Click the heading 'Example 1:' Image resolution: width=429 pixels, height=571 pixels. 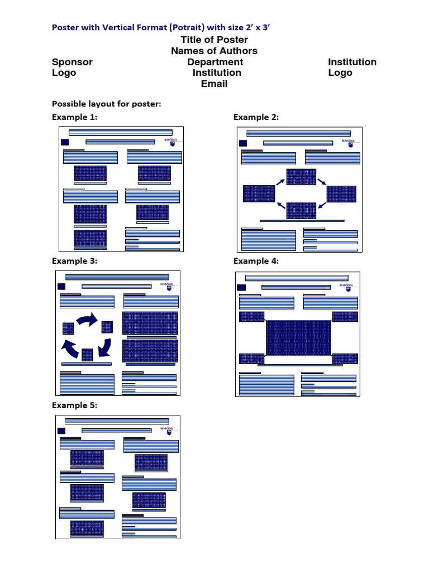click(x=74, y=117)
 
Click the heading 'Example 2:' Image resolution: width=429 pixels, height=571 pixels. click(x=256, y=117)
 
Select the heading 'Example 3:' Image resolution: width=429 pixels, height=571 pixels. click(x=74, y=261)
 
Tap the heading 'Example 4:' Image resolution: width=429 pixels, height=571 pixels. click(x=256, y=261)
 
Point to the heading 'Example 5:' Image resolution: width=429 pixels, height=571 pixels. click(x=74, y=405)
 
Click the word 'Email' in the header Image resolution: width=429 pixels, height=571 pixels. click(x=214, y=84)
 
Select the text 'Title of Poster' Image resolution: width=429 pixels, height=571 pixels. click(x=214, y=40)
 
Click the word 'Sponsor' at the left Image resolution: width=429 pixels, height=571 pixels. click(x=72, y=62)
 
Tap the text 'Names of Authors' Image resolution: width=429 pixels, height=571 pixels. click(x=214, y=51)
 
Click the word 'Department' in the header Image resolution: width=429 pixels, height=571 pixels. click(x=215, y=62)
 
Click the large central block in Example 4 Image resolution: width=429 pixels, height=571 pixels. click(x=298, y=338)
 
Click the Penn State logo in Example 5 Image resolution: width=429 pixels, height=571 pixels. click(x=167, y=430)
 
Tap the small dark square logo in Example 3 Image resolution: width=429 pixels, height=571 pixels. click(x=61, y=287)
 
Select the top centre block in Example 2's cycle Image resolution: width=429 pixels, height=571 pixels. click(x=301, y=177)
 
